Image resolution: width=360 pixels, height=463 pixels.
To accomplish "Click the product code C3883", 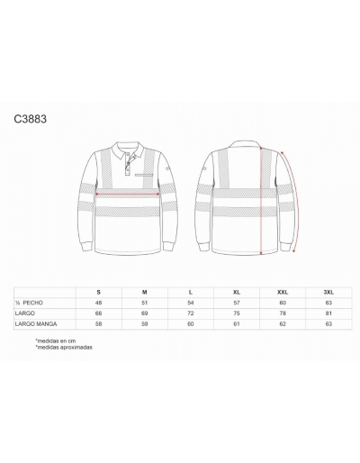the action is pyautogui.click(x=31, y=119).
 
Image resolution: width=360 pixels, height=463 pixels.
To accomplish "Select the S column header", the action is pyautogui.click(x=99, y=292).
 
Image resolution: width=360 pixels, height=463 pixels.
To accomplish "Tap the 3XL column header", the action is pyautogui.click(x=328, y=292).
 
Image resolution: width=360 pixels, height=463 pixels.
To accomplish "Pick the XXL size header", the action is pyautogui.click(x=283, y=292).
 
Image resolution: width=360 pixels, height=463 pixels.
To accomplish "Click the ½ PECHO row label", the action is pyautogui.click(x=29, y=303).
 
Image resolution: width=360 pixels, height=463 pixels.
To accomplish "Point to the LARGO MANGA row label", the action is pyautogui.click(x=36, y=324).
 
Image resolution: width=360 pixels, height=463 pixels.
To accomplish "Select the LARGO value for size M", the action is pyautogui.click(x=145, y=313).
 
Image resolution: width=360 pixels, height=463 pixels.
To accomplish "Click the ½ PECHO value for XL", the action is pyautogui.click(x=237, y=303).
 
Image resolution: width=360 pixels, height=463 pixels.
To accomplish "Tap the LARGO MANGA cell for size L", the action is pyautogui.click(x=191, y=324).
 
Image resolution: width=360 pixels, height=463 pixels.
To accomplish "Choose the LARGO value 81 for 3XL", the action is pyautogui.click(x=328, y=313).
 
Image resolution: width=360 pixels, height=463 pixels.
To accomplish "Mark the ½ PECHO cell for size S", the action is pyautogui.click(x=99, y=303).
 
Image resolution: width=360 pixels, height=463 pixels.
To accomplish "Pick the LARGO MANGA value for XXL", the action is pyautogui.click(x=283, y=324).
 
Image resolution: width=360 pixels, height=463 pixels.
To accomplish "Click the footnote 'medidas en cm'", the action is pyautogui.click(x=56, y=340).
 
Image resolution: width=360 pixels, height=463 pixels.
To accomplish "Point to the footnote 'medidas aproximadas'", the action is pyautogui.click(x=64, y=348).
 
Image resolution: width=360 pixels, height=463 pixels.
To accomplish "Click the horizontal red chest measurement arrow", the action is pyautogui.click(x=128, y=195).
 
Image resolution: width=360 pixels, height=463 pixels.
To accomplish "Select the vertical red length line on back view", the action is pyautogui.click(x=261, y=201).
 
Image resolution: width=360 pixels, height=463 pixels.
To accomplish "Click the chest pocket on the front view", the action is pyautogui.click(x=144, y=175).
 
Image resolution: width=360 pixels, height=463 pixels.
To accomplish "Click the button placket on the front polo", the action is pyautogui.click(x=128, y=163).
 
